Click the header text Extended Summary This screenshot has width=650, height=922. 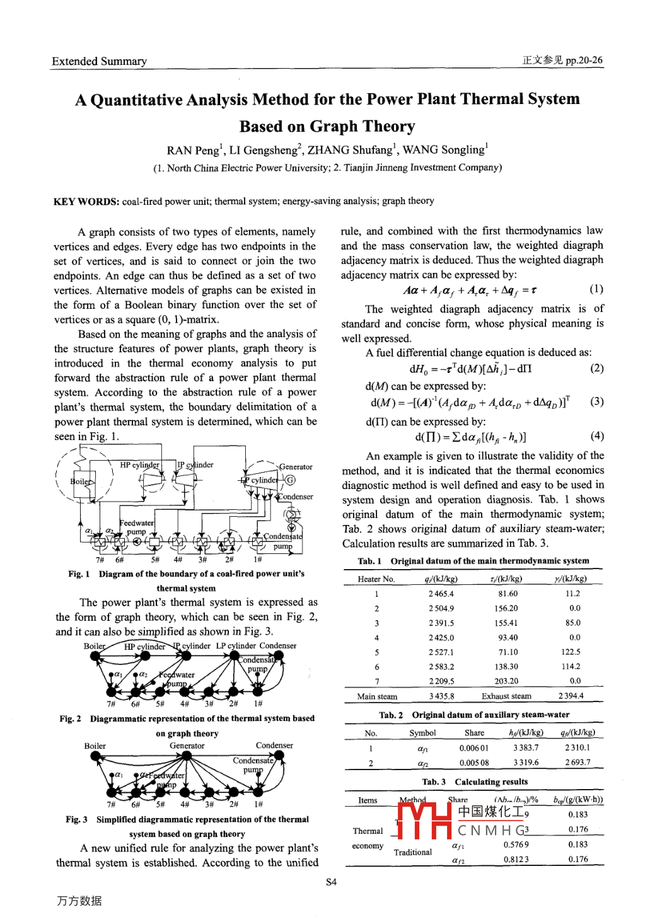point(99,61)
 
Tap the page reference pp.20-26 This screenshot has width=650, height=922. point(584,61)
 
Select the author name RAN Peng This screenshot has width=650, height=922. point(192,150)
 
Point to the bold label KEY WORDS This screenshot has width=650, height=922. point(86,201)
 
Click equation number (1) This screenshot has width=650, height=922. point(596,289)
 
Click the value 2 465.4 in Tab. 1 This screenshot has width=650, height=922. point(441,594)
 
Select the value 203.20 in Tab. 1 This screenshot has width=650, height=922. point(506,681)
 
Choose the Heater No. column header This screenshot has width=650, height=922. point(376,579)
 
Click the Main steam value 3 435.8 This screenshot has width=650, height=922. point(441,696)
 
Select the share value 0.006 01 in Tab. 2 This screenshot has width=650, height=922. point(473,748)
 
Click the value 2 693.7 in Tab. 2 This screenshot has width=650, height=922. point(577,763)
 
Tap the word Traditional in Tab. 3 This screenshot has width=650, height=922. point(413,852)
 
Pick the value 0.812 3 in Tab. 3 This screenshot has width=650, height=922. point(516,859)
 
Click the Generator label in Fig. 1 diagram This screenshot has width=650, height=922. point(296,467)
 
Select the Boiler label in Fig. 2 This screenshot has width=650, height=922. point(95,646)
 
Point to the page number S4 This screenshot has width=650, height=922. point(331,882)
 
